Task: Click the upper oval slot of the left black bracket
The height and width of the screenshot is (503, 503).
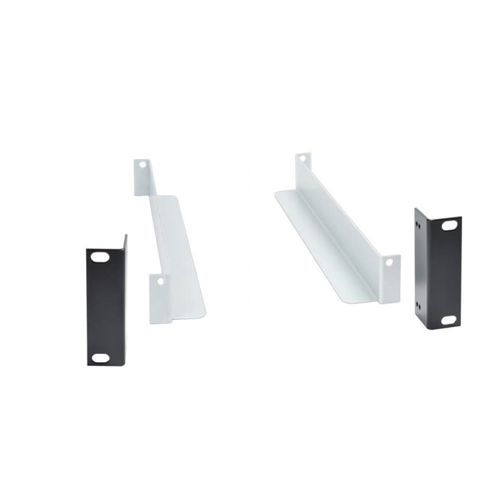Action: [100, 257]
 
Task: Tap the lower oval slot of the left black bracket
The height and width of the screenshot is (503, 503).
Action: [100, 358]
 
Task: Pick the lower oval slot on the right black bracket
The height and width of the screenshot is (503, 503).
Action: [449, 320]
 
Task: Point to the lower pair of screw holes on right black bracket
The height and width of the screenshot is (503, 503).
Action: [418, 306]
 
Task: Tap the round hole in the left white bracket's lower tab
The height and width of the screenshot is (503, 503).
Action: [160, 281]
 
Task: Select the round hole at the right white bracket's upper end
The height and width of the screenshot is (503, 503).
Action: [302, 159]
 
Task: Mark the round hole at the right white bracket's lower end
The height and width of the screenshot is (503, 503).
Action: [389, 264]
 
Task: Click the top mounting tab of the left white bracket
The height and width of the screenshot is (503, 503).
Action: [142, 176]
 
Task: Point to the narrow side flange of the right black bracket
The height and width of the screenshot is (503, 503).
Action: [419, 267]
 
